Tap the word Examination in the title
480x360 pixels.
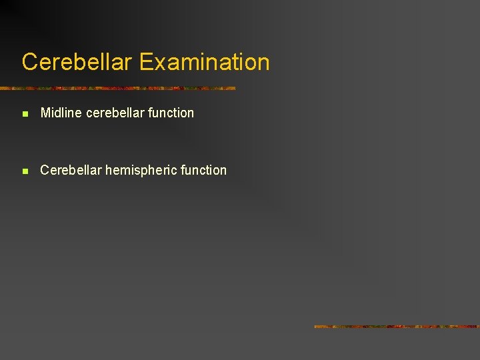tap(205, 62)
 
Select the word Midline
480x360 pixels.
tap(59, 113)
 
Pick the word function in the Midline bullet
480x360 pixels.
tap(171, 113)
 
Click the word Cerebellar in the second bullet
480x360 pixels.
tap(71, 170)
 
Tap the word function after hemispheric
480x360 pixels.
tap(203, 170)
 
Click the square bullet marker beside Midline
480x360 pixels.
tap(25, 114)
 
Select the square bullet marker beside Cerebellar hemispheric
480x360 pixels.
tap(25, 171)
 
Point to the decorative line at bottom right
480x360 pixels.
tap(396, 327)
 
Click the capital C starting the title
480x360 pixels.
tap(29, 62)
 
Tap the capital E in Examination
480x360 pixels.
tap(146, 62)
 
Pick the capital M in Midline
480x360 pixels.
tap(45, 113)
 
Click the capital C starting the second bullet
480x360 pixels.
tap(45, 170)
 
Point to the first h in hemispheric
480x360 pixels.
tap(109, 170)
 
